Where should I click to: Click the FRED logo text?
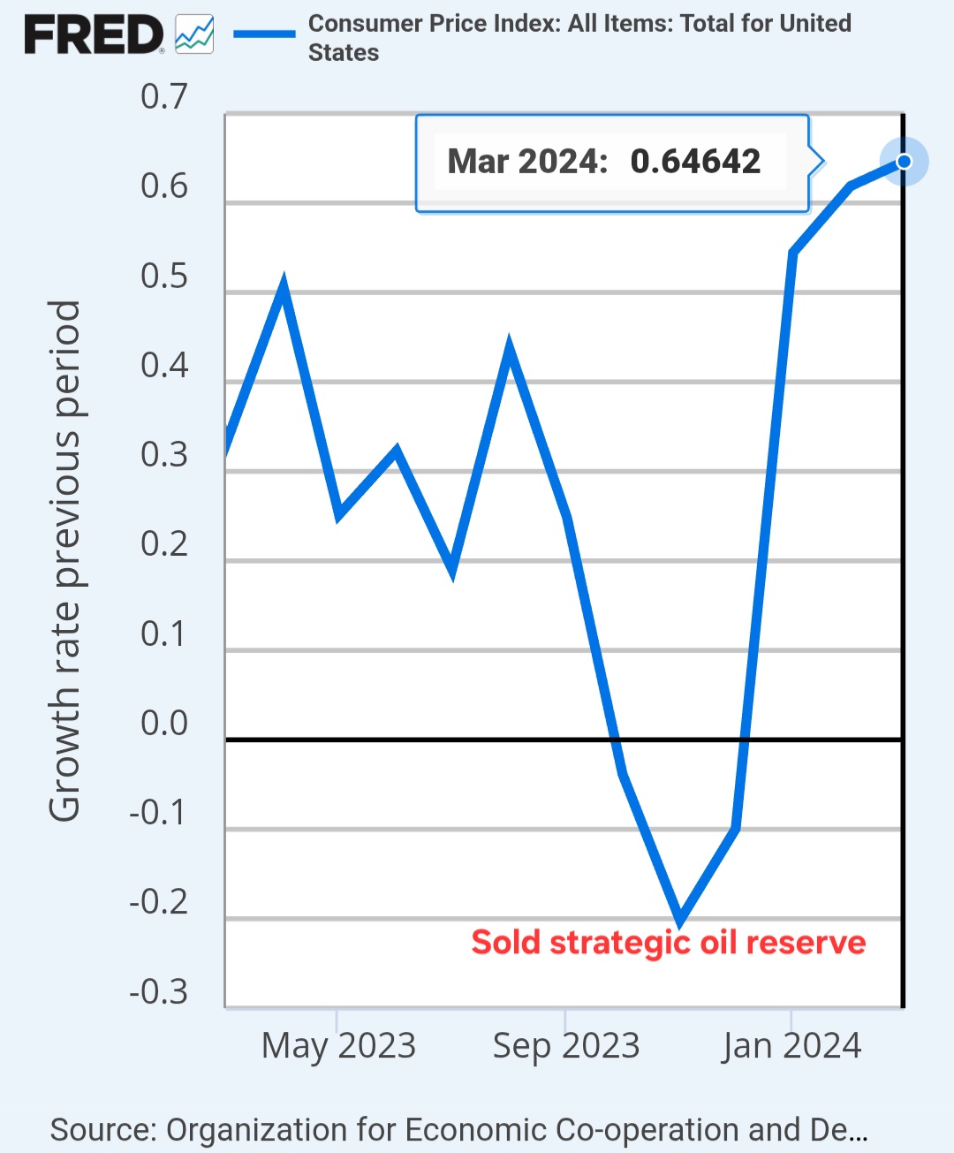coord(94,35)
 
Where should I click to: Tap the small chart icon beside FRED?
coord(194,34)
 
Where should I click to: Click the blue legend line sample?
coord(264,34)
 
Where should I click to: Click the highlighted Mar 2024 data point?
coord(904,162)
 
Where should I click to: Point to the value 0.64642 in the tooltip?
coord(695,162)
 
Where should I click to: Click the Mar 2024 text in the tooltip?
coord(527,162)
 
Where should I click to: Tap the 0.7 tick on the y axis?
coord(164,96)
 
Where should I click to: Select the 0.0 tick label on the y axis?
coord(164,723)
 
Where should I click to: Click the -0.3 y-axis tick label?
coord(159,991)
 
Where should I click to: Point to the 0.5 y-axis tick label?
coord(164,276)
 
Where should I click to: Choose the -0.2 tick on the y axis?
coord(159,901)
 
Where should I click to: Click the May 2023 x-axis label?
coord(338,1045)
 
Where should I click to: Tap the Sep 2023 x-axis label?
coord(565,1045)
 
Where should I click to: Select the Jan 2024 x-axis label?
coord(791,1045)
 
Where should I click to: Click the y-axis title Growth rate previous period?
coord(64,561)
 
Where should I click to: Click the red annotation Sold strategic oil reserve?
coord(668,943)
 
